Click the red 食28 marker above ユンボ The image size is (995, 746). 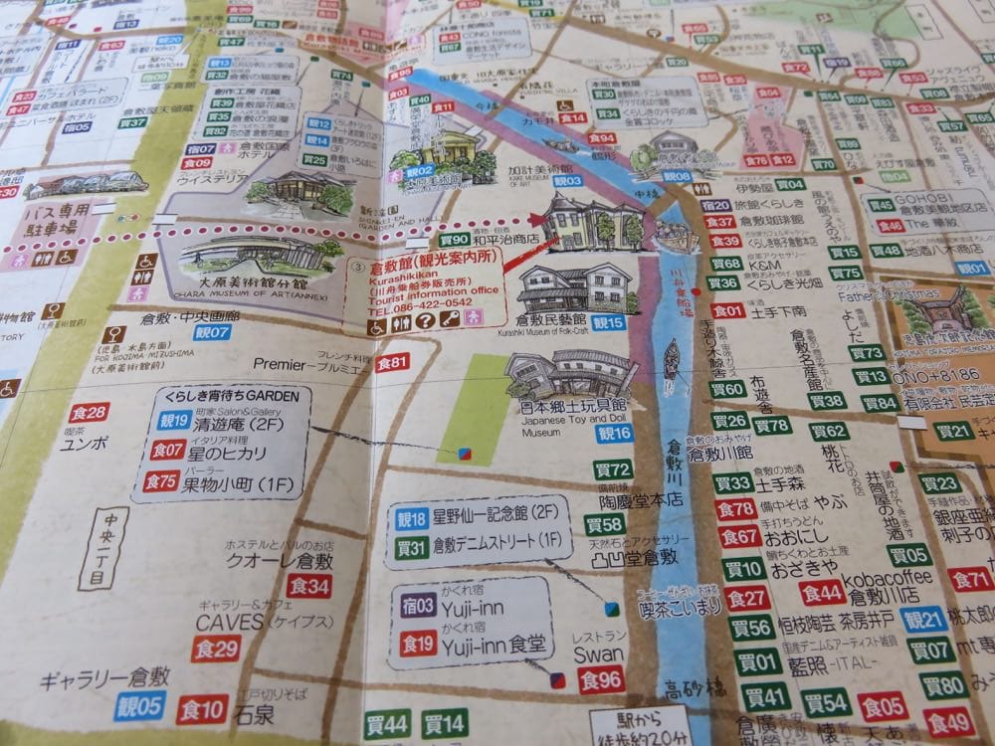click(89, 413)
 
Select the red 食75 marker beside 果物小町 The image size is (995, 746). click(161, 481)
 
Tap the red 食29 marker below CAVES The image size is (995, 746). click(216, 650)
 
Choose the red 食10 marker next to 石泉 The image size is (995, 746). click(202, 709)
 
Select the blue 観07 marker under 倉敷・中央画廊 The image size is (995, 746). click(212, 331)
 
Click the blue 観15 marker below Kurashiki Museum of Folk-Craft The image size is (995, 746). click(608, 322)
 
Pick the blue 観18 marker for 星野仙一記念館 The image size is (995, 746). click(411, 517)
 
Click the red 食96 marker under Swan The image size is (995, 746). click(602, 681)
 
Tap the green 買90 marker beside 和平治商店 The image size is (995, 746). click(455, 240)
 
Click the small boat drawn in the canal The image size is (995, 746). click(674, 358)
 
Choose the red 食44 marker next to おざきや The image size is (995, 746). click(822, 593)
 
